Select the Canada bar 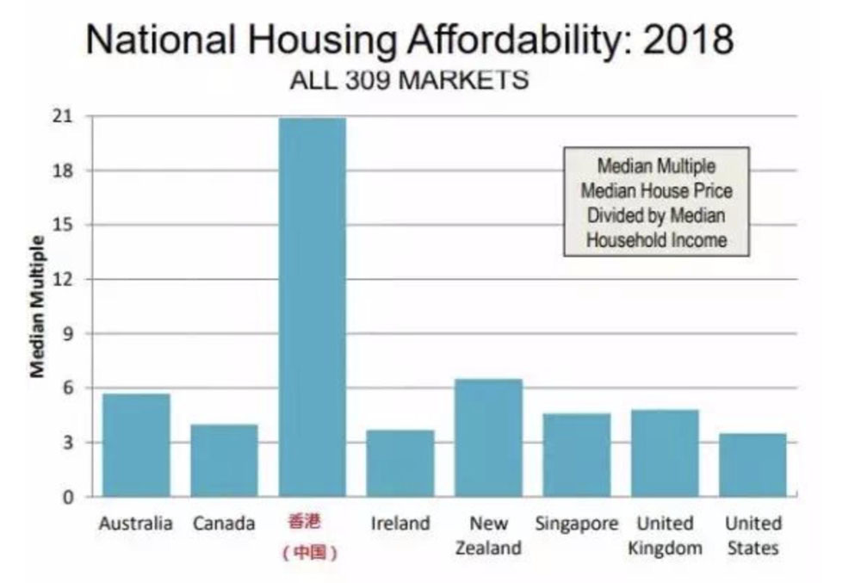pos(224,460)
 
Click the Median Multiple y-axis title pos(38,306)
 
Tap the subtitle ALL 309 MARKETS pos(408,81)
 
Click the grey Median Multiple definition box pos(656,202)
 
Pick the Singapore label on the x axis pos(576,524)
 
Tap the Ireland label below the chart pos(400,524)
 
